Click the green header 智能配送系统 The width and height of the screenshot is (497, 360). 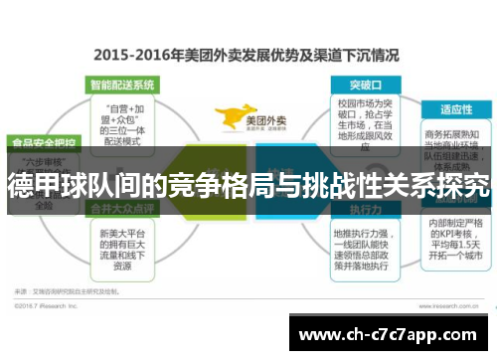[121, 85]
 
